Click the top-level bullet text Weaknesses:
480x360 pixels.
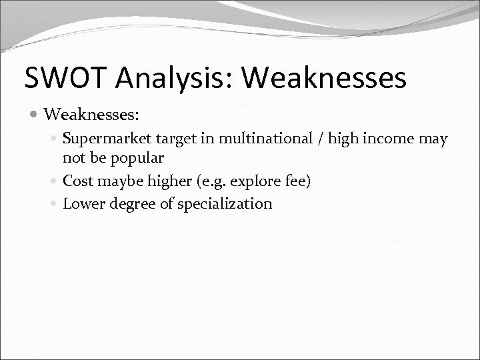click(x=91, y=115)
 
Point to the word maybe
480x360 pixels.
click(x=117, y=181)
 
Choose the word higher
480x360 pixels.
click(x=164, y=181)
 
